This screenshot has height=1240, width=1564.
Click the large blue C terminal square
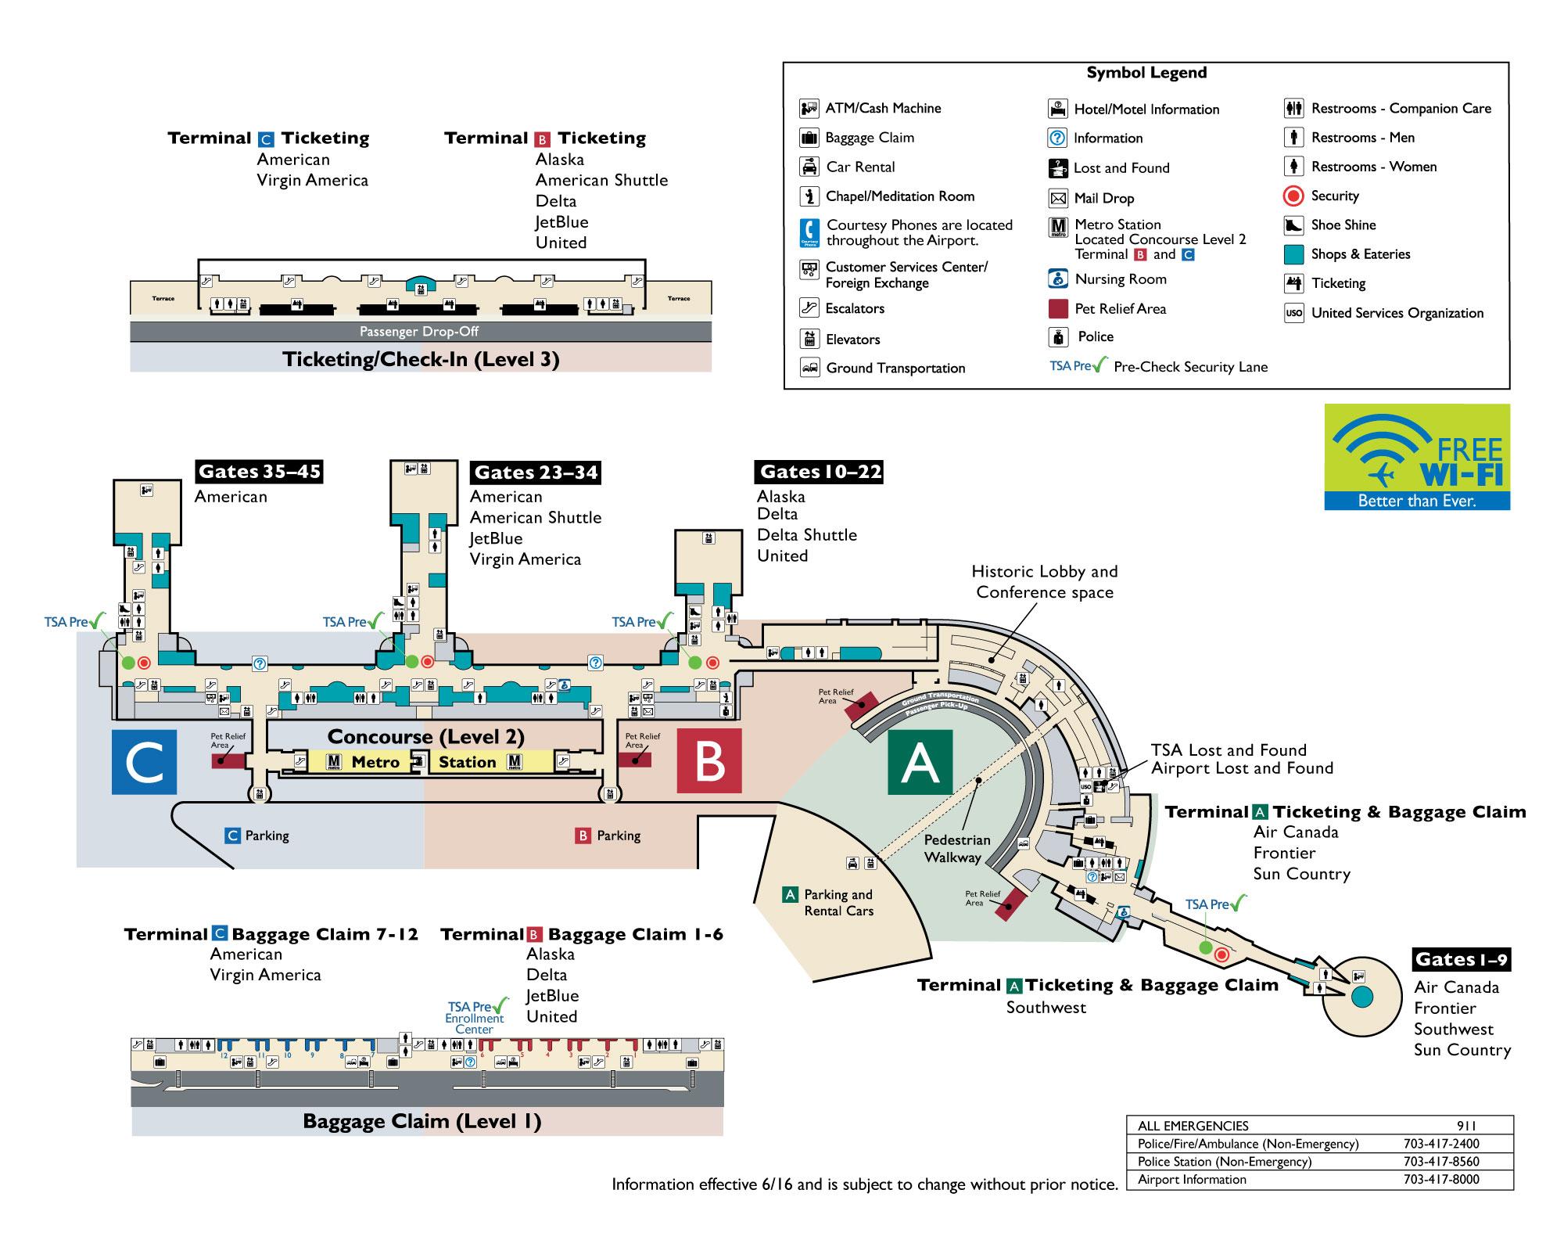(144, 762)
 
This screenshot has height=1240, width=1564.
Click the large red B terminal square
(708, 762)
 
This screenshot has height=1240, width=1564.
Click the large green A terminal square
(920, 762)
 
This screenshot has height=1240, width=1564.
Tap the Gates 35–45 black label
(259, 472)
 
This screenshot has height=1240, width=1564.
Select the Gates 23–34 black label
(536, 473)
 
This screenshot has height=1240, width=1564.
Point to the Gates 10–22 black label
(820, 472)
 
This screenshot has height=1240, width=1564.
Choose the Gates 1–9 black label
(1461, 960)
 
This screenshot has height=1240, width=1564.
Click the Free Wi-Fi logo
(1417, 457)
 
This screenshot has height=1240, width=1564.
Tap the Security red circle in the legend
(1294, 196)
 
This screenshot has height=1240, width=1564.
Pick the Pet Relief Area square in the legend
(1058, 308)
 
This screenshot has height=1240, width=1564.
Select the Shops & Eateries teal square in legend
(1294, 254)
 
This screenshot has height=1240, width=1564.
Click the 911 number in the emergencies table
(1467, 1126)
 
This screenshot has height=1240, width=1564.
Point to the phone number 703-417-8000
(1441, 1180)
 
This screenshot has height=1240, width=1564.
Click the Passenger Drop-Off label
(419, 332)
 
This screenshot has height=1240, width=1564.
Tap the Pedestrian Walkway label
(956, 849)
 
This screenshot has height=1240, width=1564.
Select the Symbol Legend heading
(1146, 74)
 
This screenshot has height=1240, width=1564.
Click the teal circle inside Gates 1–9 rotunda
(1362, 997)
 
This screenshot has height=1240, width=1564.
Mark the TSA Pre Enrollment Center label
(475, 1018)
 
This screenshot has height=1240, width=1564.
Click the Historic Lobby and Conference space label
(1045, 582)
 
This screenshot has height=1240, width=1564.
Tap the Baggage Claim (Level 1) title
(422, 1122)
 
